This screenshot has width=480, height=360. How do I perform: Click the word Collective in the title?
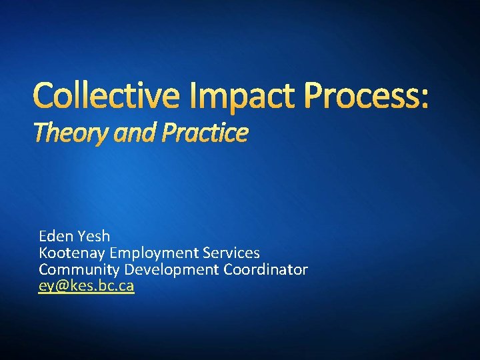106,95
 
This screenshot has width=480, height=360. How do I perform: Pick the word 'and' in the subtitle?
131,134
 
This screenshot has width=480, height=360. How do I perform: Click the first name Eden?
55,236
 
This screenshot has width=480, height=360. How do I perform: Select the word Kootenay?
73,253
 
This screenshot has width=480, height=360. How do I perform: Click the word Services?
232,253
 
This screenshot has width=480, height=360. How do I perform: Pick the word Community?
79,269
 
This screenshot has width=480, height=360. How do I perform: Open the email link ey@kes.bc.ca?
87,286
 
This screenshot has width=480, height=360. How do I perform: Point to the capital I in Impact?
191,95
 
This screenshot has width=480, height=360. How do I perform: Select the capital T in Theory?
40,134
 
